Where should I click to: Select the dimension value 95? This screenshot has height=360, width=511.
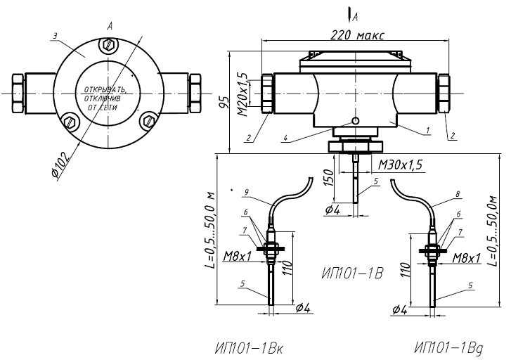(x=224, y=103)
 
